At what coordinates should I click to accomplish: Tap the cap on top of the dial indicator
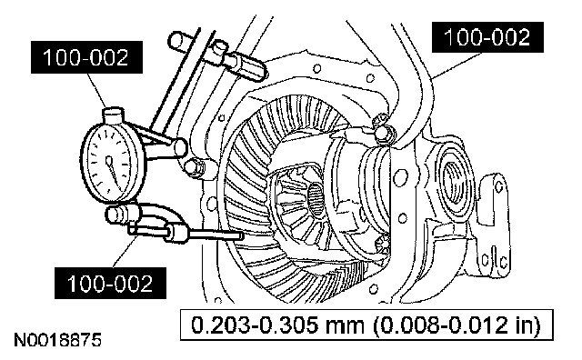tap(114, 115)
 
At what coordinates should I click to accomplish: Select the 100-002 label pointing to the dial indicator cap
tap(86, 57)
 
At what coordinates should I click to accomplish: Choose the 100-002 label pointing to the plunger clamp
tap(110, 283)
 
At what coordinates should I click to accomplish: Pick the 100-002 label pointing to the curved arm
tap(487, 37)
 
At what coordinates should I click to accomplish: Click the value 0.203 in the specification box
tap(220, 325)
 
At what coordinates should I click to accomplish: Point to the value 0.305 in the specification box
tap(288, 325)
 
